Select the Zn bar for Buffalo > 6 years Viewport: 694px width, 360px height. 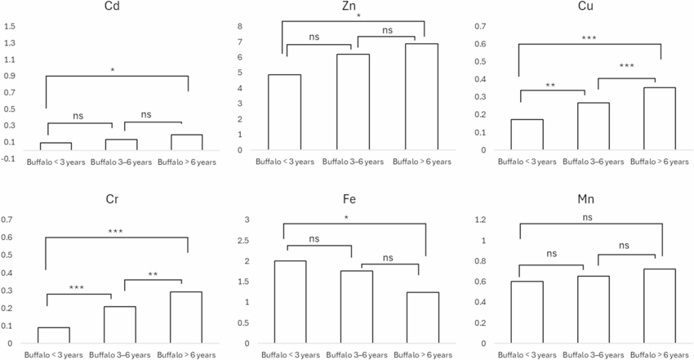tap(421, 96)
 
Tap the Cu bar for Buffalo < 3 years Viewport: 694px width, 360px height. tap(527, 135)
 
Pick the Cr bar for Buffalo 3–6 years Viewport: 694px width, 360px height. tap(119, 325)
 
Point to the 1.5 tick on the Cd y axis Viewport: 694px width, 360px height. tap(10, 27)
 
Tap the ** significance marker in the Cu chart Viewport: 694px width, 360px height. tap(552, 85)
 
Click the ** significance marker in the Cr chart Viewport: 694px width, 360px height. tap(153, 274)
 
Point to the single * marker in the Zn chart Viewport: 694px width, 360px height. tap(357, 16)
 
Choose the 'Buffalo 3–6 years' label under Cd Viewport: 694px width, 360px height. tap(119, 163)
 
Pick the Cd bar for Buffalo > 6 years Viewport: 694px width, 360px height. tap(186, 142)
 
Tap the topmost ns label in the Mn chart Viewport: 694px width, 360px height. tap(589, 217)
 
